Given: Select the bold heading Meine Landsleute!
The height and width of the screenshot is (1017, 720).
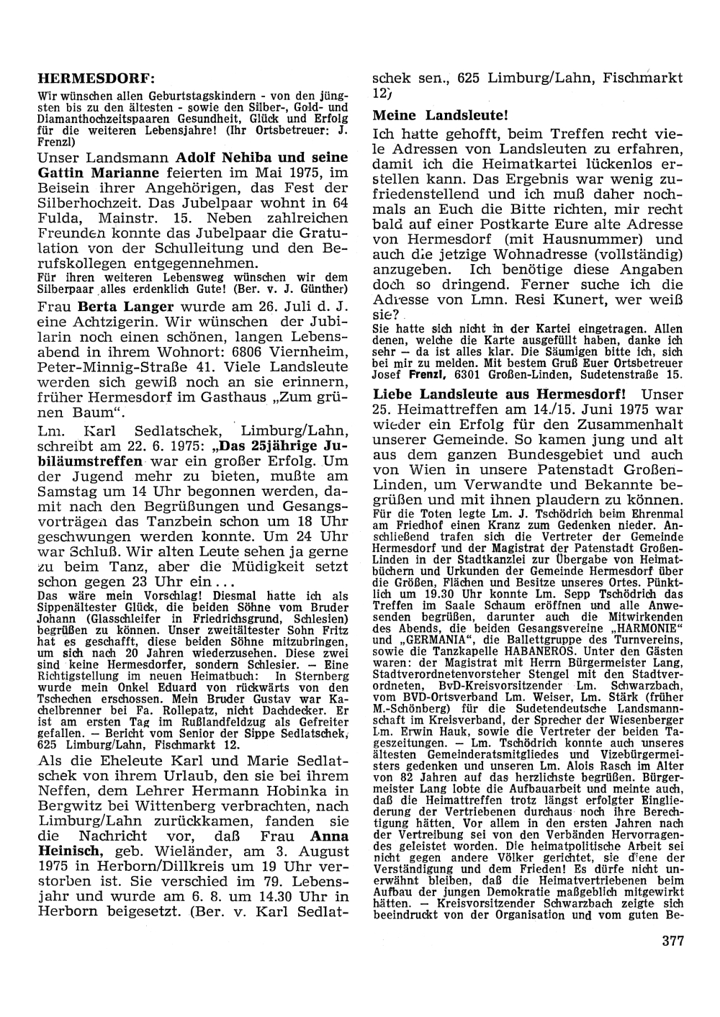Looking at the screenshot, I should [441, 114].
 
